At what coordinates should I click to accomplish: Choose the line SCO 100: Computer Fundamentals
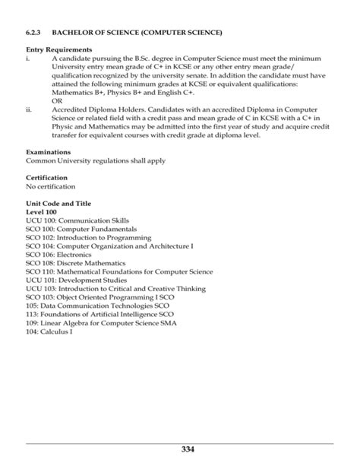81,229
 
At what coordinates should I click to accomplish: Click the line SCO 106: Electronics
61,255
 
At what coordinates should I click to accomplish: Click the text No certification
52,186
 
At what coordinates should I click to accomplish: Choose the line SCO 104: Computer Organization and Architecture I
109,246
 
